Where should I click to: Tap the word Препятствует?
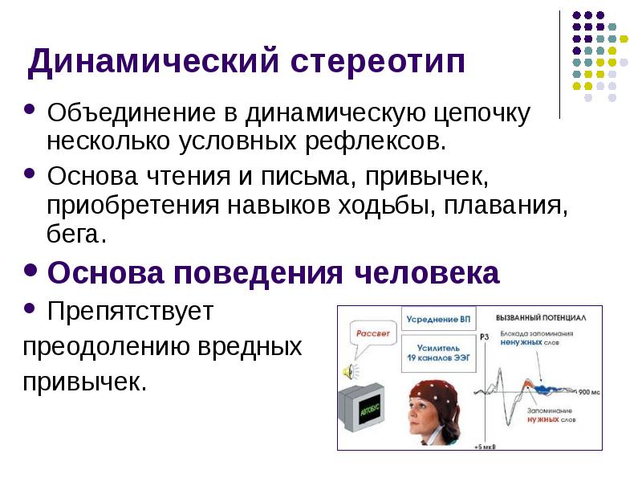point(130,312)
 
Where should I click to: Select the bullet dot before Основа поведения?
point(30,272)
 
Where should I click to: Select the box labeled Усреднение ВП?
point(439,319)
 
